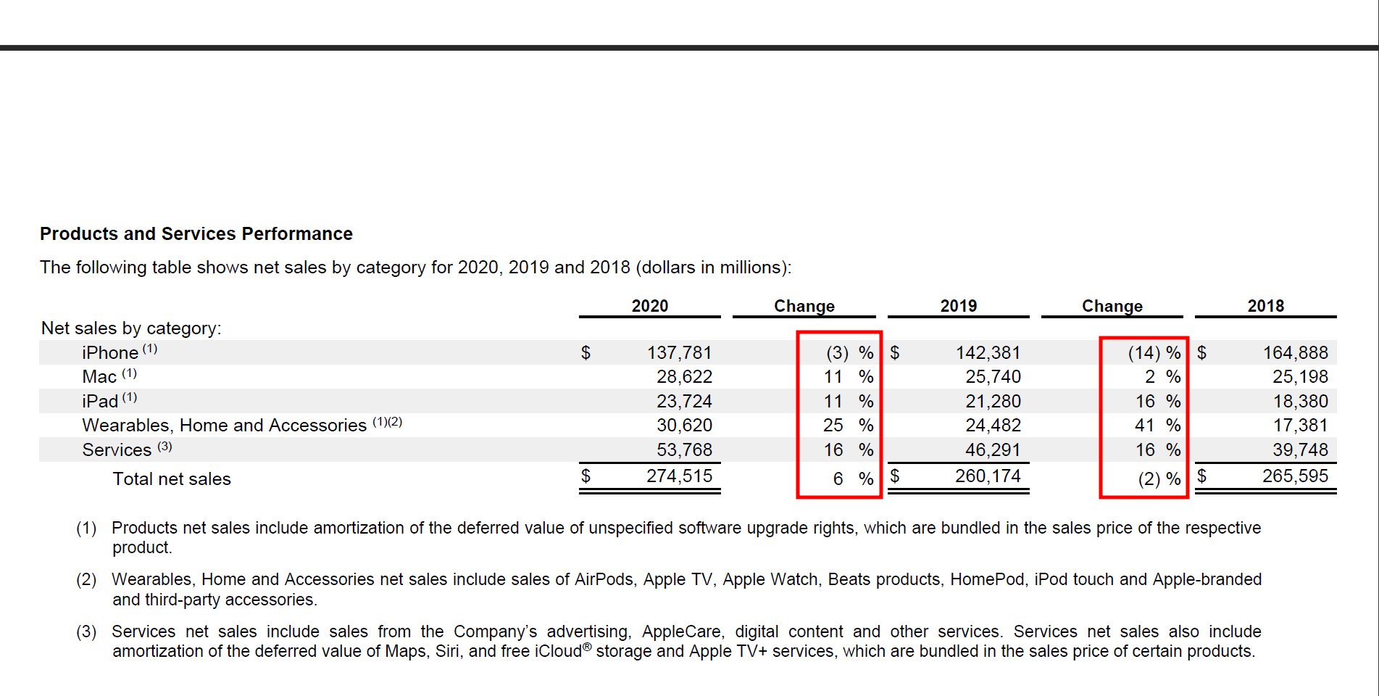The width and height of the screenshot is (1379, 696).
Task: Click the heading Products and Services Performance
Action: [196, 234]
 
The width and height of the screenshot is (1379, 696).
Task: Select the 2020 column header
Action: [649, 306]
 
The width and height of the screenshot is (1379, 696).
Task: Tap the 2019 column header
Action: [958, 306]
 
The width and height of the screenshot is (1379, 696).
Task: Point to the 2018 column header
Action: [1265, 306]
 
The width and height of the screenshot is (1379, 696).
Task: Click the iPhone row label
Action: [110, 353]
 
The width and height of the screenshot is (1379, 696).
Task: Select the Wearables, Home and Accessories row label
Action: [225, 426]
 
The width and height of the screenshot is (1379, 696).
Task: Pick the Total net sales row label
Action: [172, 479]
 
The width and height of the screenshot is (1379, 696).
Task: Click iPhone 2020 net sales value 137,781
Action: [679, 353]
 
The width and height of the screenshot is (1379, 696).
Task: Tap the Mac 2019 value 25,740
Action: [993, 377]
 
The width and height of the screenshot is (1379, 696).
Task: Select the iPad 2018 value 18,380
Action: [1300, 402]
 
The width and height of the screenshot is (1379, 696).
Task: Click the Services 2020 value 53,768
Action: [684, 450]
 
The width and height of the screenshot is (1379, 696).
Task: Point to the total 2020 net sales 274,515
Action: [679, 476]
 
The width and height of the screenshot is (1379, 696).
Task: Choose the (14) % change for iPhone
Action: [1154, 353]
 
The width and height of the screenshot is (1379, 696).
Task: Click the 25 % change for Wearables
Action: [848, 426]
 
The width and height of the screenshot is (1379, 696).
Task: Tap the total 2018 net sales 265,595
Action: [1295, 476]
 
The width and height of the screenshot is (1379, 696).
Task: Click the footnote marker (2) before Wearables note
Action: [86, 580]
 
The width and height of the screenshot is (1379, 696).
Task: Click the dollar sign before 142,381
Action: [895, 353]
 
